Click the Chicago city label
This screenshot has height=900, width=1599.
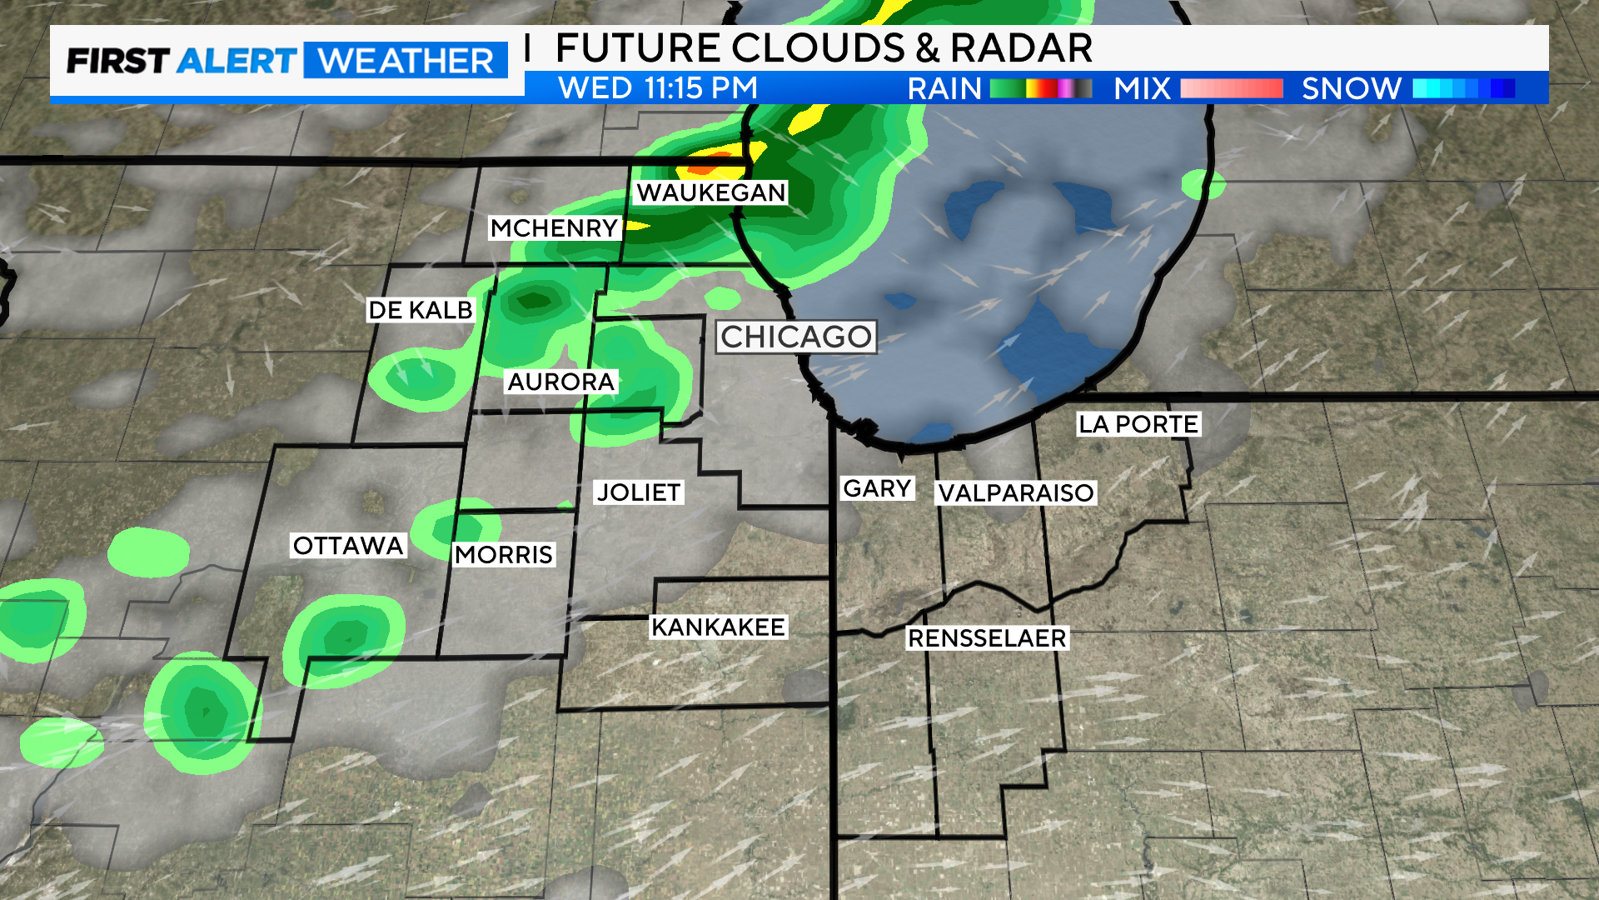[x=796, y=337]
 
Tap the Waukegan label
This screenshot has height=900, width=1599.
[x=710, y=192]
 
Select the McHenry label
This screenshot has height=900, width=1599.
[x=554, y=227]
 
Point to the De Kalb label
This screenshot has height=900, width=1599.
[x=421, y=310]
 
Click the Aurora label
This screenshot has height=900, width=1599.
[x=560, y=382]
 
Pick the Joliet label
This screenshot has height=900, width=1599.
[x=639, y=492]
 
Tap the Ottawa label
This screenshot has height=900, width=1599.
[x=348, y=545]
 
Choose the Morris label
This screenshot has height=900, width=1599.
[x=504, y=554]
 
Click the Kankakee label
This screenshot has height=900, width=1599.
[x=718, y=627]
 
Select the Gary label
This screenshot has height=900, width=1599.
[x=877, y=488]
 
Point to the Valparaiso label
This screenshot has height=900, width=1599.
[x=1016, y=492]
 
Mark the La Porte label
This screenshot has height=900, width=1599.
[x=1138, y=424]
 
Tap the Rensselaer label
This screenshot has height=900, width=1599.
[x=987, y=637]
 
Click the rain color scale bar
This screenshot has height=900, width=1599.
[x=1041, y=88]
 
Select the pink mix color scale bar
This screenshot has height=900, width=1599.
[x=1231, y=88]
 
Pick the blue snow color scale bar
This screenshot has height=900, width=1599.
[x=1463, y=88]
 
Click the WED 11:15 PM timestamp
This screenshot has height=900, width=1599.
[x=658, y=87]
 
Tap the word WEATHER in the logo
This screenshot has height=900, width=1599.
[x=406, y=61]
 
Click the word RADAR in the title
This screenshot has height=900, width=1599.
[x=1021, y=47]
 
